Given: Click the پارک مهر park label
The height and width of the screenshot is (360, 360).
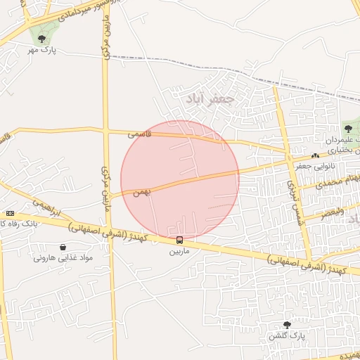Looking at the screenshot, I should click(x=42, y=50).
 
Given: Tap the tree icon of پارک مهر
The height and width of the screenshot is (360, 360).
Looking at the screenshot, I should click(x=42, y=39).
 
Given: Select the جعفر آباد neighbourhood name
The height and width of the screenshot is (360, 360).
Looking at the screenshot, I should click(x=209, y=100).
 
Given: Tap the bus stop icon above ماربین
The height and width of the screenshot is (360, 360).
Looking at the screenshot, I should click(x=180, y=240).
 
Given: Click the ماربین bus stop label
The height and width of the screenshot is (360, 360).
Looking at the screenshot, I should click(x=179, y=250).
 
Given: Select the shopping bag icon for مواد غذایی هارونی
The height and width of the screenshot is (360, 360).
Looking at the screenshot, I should click(x=63, y=247).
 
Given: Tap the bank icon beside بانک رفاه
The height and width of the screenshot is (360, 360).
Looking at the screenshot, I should click(x=10, y=213).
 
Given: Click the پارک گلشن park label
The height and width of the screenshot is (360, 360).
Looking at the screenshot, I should click(x=285, y=335).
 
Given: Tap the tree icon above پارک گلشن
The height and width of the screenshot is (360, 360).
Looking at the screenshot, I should click(x=286, y=325).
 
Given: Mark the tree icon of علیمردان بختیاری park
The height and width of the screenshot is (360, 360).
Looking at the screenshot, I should click(x=348, y=129).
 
